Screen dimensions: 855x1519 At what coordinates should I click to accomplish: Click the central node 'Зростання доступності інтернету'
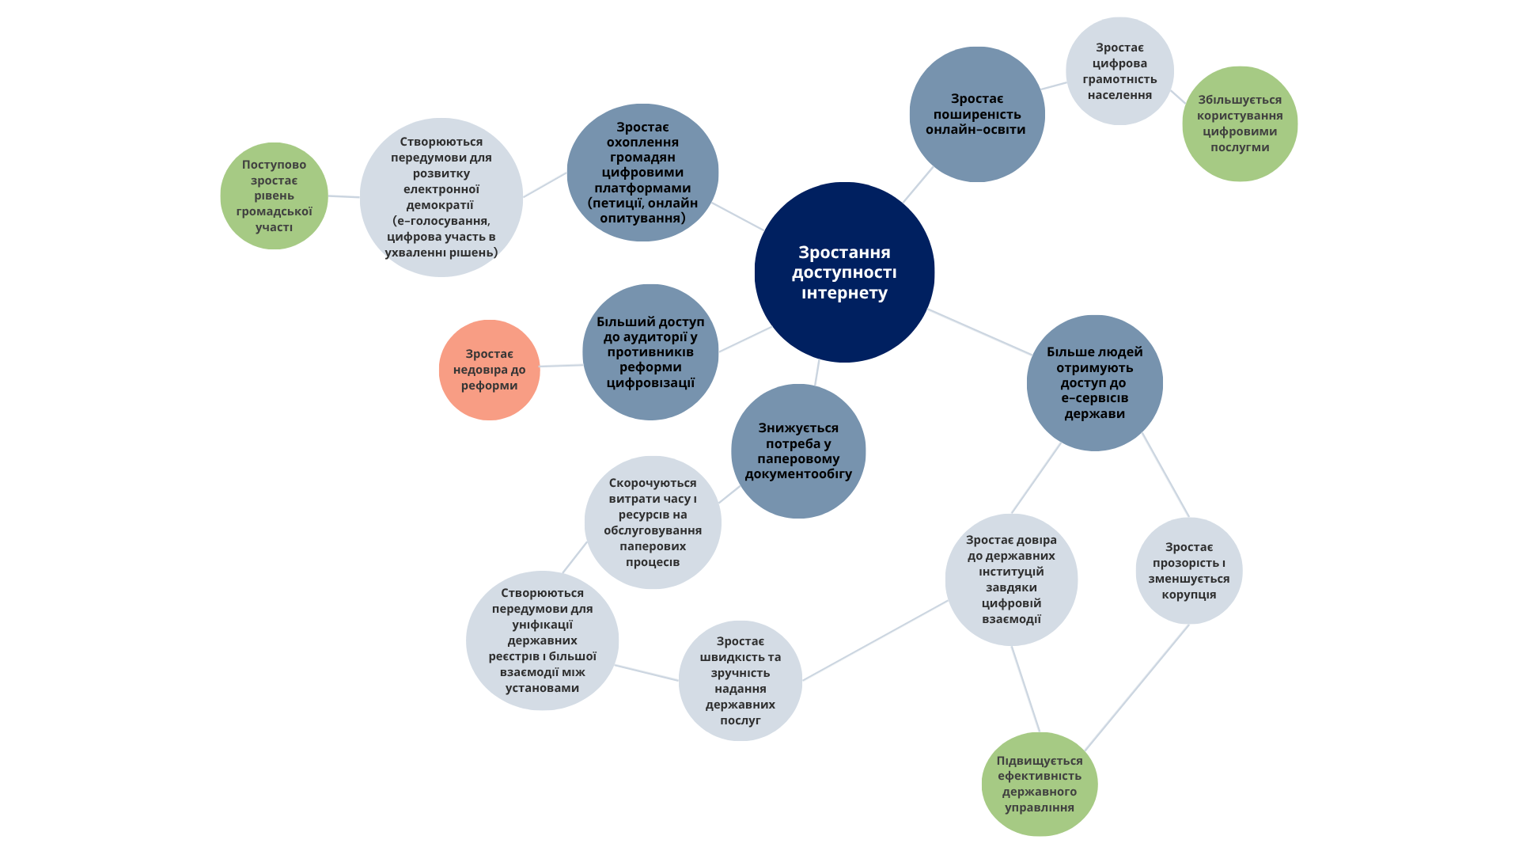(844, 272)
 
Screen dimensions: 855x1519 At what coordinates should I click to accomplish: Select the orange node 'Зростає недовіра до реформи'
(489, 370)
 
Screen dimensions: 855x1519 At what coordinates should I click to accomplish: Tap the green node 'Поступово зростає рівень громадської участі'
(274, 196)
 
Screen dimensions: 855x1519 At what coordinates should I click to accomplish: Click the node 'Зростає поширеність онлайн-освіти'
(977, 114)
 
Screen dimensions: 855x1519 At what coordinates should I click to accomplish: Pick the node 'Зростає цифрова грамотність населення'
(1119, 71)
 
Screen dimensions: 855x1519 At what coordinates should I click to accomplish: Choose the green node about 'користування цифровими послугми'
(1240, 123)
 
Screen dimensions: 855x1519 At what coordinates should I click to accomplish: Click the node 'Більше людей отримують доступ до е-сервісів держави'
(1094, 383)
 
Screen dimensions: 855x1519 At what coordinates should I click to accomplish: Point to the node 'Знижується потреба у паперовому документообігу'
(798, 451)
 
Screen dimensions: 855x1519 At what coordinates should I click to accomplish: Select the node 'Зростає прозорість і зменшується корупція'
(1188, 571)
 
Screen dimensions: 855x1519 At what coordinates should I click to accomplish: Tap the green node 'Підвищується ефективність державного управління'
(1040, 784)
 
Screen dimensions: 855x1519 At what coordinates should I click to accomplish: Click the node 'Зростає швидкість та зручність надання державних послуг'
(740, 681)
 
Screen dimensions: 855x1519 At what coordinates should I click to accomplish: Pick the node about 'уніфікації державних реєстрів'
(542, 640)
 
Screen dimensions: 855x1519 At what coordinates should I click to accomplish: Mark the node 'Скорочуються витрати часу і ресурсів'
(653, 522)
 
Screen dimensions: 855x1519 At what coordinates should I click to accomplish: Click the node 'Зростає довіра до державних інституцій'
(1011, 579)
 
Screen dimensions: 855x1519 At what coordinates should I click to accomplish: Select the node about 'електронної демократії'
(441, 197)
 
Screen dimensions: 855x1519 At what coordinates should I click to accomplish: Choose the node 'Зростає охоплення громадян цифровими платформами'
(642, 173)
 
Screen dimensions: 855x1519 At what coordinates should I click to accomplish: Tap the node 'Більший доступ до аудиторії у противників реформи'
(650, 352)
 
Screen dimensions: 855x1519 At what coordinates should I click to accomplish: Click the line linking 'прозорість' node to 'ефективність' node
(1137, 687)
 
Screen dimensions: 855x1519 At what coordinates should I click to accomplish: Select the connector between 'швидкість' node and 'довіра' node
(874, 640)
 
